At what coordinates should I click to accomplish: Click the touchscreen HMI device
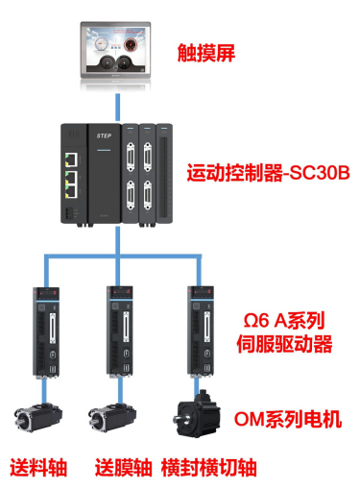(115, 50)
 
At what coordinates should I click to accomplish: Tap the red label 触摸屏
(206, 53)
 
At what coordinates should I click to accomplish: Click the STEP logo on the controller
(104, 135)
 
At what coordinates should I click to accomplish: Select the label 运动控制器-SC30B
(268, 173)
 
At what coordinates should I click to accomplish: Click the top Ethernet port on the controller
(71, 159)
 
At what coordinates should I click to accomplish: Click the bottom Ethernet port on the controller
(71, 191)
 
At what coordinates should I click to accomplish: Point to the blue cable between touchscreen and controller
(118, 108)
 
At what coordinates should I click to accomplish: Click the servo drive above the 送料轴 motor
(46, 331)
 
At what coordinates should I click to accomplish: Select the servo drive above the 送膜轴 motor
(120, 330)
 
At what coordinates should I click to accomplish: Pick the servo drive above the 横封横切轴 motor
(201, 330)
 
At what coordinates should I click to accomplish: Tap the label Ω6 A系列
(284, 320)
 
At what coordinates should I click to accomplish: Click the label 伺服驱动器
(284, 344)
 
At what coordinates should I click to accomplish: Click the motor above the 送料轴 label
(38, 418)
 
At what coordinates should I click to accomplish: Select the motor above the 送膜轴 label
(112, 418)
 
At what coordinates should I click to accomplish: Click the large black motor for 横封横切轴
(197, 414)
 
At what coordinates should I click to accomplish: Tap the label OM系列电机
(288, 419)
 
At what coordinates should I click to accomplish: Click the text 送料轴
(38, 468)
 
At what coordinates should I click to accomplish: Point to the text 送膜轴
(124, 468)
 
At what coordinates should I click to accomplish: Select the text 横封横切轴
(209, 468)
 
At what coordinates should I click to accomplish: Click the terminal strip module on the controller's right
(164, 173)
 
